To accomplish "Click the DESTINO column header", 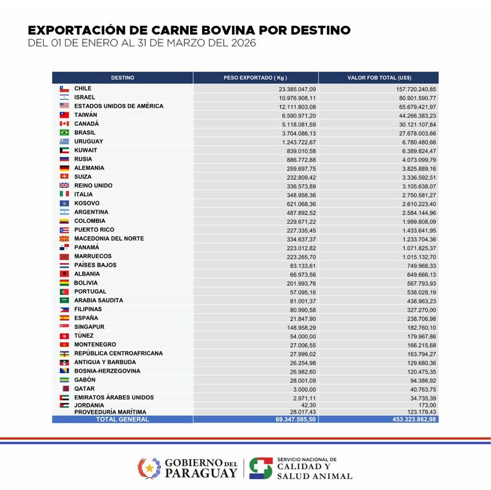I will (x=122, y=77).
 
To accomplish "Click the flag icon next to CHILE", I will (x=64, y=88).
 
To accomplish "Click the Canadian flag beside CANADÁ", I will (x=64, y=123).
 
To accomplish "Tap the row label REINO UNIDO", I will (x=93, y=185).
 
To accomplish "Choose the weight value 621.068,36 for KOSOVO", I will (x=298, y=203).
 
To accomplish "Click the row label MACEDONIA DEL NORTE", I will (x=109, y=239).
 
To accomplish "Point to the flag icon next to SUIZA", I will (x=64, y=177).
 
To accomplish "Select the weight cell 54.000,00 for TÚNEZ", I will (x=301, y=336).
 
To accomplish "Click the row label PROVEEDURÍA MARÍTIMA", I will (x=110, y=412).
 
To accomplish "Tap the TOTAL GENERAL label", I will (x=122, y=420).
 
